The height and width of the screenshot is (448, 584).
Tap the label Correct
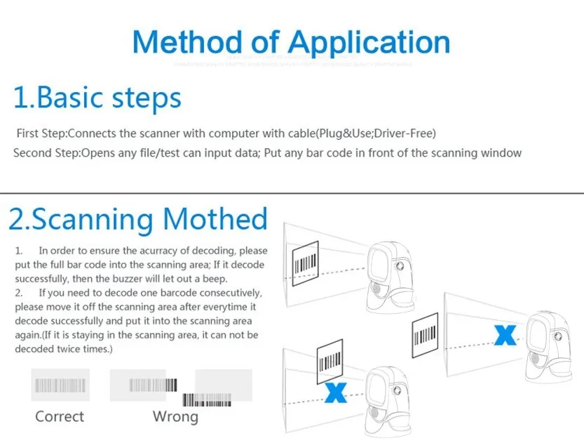pyautogui.click(x=60, y=416)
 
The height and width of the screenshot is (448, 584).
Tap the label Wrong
pyautogui.click(x=175, y=416)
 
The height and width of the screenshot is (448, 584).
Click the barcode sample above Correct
pyautogui.click(x=60, y=385)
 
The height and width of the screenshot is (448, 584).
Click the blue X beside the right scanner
pyautogui.click(x=503, y=335)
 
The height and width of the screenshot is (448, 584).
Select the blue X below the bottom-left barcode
pyautogui.click(x=336, y=393)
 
